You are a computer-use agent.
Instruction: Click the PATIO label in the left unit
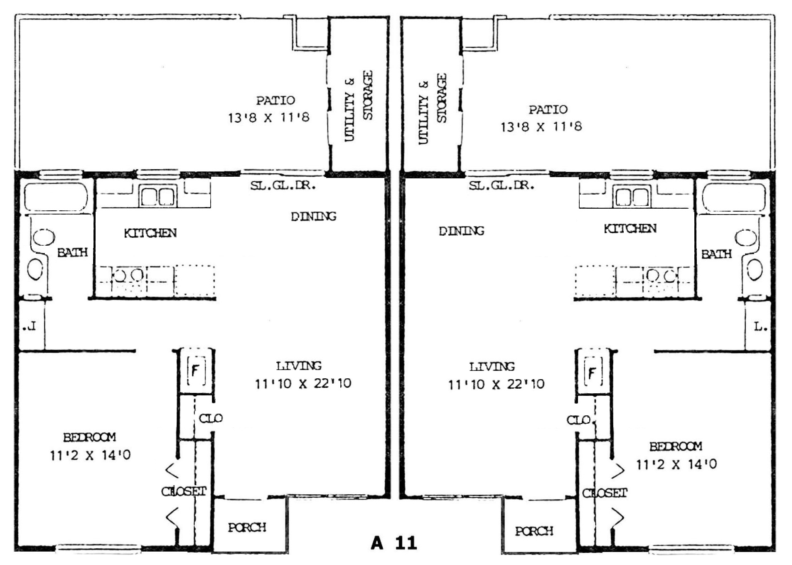pos(275,100)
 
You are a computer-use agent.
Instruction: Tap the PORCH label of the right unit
pos(534,531)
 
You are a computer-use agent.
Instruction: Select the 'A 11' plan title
pos(394,543)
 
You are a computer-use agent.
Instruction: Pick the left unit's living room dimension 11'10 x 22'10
pos(303,383)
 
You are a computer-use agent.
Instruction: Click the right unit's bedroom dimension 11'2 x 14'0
pos(676,464)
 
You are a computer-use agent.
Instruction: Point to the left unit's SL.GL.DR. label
pos(283,185)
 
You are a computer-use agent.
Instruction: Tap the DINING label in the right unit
pos(462,231)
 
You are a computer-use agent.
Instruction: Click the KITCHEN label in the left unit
pos(150,233)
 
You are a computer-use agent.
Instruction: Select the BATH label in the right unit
pos(716,254)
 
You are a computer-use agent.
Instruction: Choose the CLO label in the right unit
pos(579,420)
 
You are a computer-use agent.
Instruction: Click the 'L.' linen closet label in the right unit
pos(760,327)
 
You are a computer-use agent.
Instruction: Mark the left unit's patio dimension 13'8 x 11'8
pos(268,118)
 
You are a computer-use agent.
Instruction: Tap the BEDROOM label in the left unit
pos(89,437)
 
